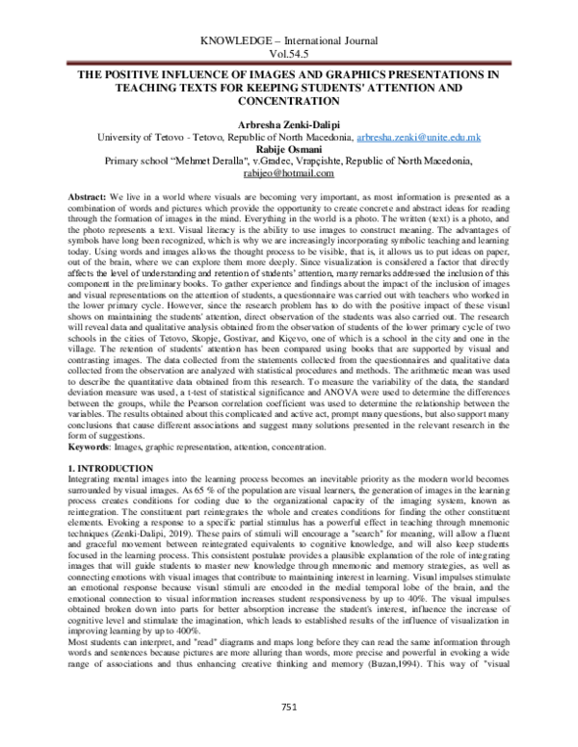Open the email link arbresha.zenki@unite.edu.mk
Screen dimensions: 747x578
click(x=419, y=140)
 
